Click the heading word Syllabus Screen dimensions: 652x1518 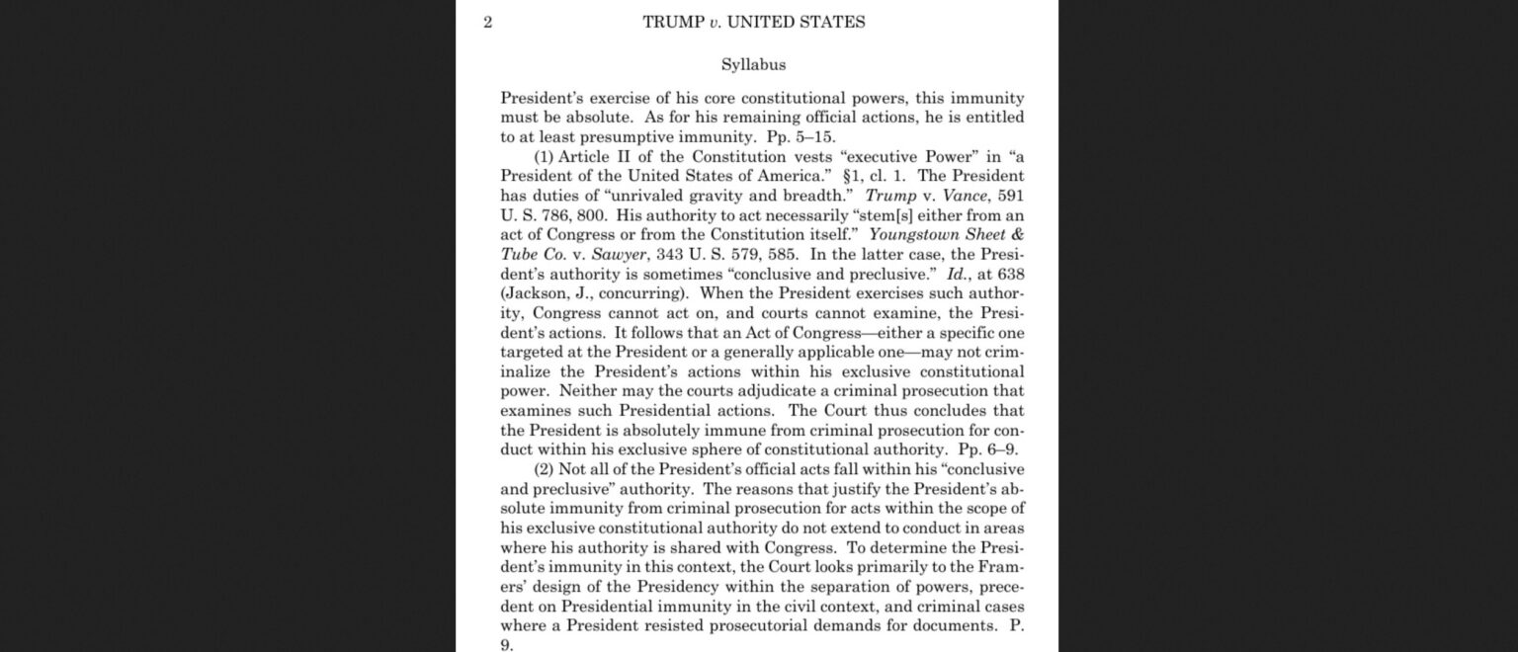pos(753,65)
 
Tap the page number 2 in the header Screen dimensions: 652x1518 pos(487,22)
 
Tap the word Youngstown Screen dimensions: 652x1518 pos(921,235)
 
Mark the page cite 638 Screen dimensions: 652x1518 pos(1011,274)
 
